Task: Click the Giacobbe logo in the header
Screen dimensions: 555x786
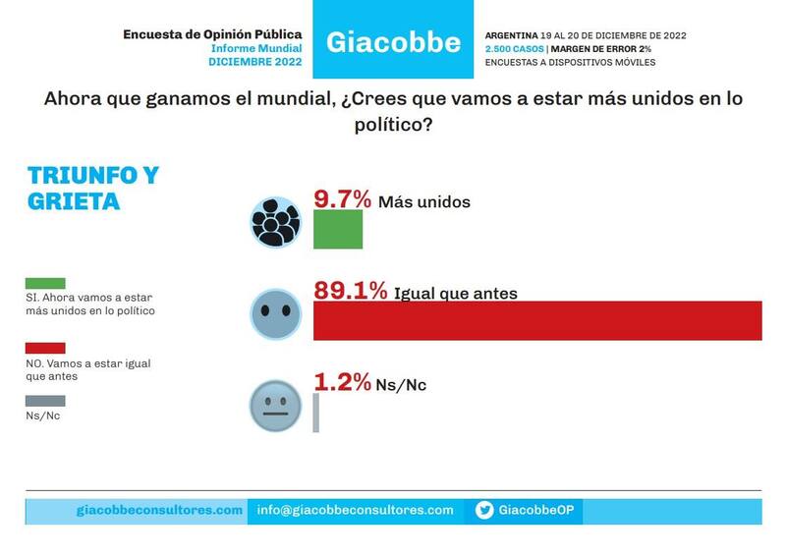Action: pos(393,41)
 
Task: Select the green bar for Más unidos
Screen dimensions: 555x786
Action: pos(338,230)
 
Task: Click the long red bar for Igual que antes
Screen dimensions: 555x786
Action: pos(537,321)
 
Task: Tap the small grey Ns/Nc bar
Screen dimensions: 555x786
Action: pos(316,413)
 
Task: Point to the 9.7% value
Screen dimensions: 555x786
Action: pos(342,199)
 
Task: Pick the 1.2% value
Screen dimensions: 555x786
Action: pos(341,383)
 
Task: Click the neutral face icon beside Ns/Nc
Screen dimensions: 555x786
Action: pos(275,406)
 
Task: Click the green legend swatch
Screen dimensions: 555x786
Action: pos(45,284)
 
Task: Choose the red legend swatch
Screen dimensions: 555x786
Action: pos(45,348)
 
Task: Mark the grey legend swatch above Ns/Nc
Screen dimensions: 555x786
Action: pos(45,401)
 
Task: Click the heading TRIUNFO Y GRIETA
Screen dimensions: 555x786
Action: pos(92,189)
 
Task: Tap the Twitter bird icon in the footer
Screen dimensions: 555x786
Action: pos(484,510)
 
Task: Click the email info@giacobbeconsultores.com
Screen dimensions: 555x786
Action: pos(356,510)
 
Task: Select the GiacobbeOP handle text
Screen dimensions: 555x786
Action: pos(535,510)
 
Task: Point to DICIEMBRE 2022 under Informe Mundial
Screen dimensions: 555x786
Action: pos(255,61)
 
